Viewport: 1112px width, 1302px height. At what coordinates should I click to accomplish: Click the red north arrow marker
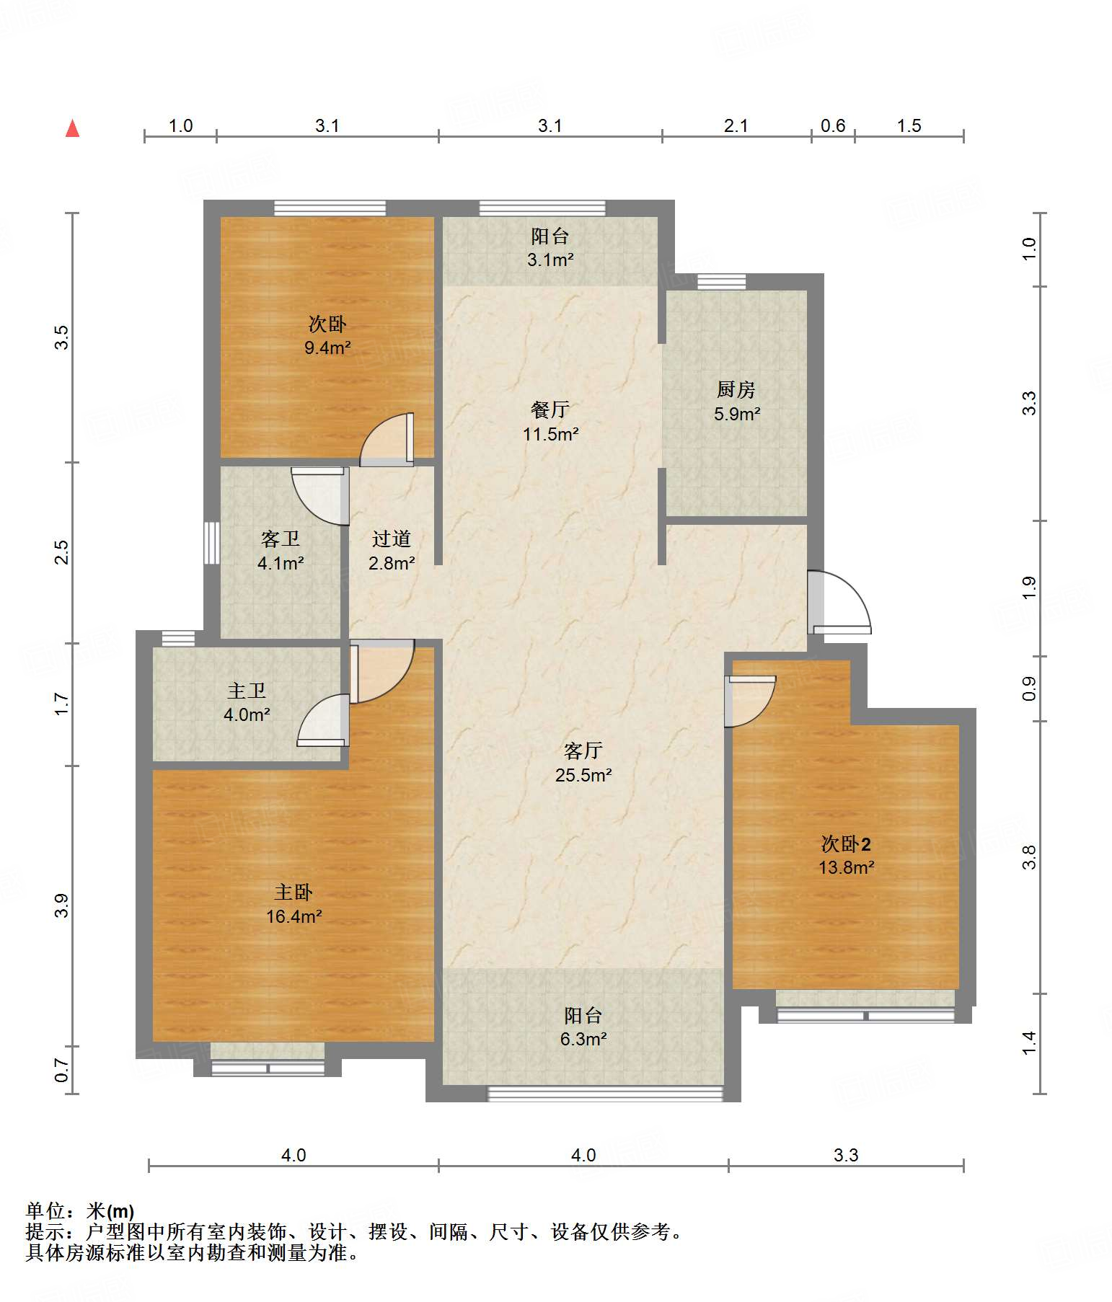pyautogui.click(x=72, y=128)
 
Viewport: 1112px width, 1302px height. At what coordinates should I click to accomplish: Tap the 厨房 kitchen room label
pyautogui.click(x=736, y=390)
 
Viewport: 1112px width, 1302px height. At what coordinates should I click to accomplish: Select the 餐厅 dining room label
pyautogui.click(x=550, y=410)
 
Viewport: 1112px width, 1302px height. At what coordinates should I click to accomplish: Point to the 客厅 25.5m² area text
pyautogui.click(x=583, y=775)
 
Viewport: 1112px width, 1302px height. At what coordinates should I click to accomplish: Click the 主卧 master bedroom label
pyautogui.click(x=294, y=893)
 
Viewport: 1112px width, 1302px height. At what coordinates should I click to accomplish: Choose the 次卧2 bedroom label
pyautogui.click(x=846, y=843)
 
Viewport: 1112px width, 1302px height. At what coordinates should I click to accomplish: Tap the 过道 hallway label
pyautogui.click(x=392, y=539)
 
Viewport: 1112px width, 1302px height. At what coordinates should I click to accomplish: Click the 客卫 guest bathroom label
pyautogui.click(x=281, y=539)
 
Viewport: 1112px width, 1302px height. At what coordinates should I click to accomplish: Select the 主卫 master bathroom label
pyautogui.click(x=247, y=691)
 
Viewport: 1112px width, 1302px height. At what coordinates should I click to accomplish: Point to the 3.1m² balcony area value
pyautogui.click(x=550, y=260)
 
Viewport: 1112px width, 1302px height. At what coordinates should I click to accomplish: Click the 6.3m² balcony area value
pyautogui.click(x=583, y=1039)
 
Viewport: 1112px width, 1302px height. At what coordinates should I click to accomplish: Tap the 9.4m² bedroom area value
pyautogui.click(x=327, y=347)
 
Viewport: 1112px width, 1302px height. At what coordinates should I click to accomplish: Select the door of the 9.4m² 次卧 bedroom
pyautogui.click(x=387, y=439)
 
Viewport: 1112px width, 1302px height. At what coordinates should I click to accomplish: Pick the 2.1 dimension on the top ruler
pyautogui.click(x=736, y=125)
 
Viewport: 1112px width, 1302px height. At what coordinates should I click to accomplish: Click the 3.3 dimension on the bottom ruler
pyautogui.click(x=846, y=1155)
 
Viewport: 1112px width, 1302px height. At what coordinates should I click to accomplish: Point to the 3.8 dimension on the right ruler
pyautogui.click(x=1029, y=856)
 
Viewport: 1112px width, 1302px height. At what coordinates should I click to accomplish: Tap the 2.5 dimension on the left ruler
pyautogui.click(x=63, y=552)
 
